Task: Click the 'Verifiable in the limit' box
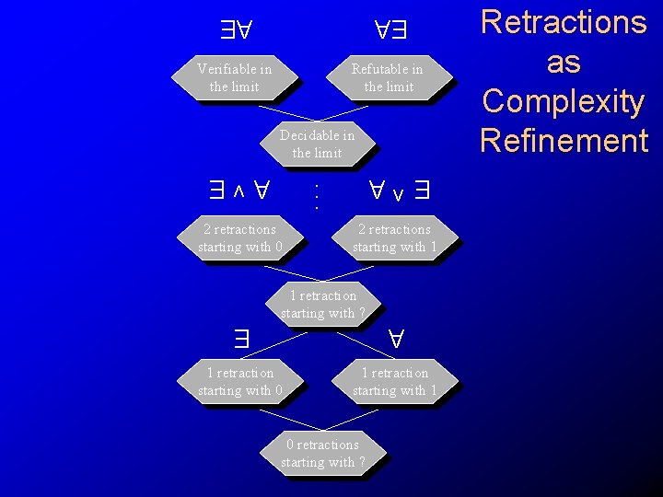coord(234,77)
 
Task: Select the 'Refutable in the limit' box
coord(388,77)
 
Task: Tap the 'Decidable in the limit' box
coord(317,144)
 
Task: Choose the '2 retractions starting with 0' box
coord(239,237)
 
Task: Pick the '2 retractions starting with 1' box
coord(394,237)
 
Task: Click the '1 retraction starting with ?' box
coord(322,304)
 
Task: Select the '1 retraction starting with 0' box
coord(239,381)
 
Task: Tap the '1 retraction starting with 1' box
coord(394,381)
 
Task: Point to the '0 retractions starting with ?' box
coord(322,453)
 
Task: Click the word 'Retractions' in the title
coord(564,22)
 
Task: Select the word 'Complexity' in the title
coord(564,101)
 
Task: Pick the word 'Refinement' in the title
coord(564,141)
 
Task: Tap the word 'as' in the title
coord(564,62)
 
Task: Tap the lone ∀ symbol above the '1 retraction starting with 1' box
coord(397,338)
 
